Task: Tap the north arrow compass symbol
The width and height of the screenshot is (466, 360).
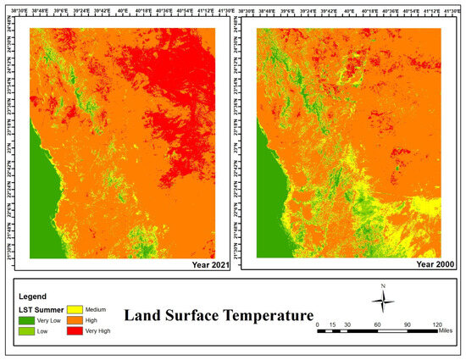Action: tap(382, 301)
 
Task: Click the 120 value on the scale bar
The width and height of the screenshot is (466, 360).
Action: tap(438, 324)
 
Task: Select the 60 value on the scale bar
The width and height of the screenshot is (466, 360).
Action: tap(378, 324)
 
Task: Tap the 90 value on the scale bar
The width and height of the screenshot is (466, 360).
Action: tap(408, 324)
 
